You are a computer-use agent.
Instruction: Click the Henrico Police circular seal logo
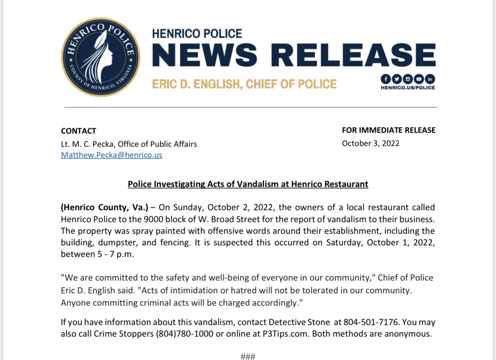(100, 57)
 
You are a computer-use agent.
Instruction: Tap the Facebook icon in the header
(386, 79)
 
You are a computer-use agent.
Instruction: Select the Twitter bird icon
(397, 79)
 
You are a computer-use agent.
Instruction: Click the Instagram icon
(408, 79)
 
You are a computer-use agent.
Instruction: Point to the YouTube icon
(419, 79)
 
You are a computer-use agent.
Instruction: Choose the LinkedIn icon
(430, 79)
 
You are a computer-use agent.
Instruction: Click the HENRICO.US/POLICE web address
(408, 88)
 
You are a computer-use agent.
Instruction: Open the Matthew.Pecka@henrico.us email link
(111, 155)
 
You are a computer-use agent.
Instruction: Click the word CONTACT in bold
(78, 131)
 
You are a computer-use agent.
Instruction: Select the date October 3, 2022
(370, 143)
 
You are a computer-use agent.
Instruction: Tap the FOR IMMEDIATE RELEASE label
(389, 130)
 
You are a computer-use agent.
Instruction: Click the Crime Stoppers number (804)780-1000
(185, 334)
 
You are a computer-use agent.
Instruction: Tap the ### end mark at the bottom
(248, 356)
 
